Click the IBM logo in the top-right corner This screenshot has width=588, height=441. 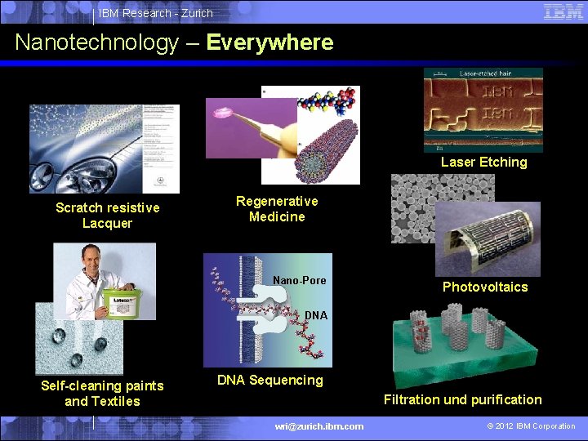click(563, 11)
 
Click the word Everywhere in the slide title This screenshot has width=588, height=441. click(269, 42)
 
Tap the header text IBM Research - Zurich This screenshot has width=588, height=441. click(156, 13)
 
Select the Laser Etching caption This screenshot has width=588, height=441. click(483, 162)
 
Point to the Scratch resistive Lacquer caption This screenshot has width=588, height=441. click(107, 216)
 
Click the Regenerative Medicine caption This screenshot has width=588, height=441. click(277, 209)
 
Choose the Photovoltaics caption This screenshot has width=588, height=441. click(484, 287)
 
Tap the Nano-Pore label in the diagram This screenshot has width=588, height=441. click(299, 280)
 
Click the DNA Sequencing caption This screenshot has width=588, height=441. click(269, 380)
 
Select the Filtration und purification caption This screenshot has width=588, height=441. click(462, 399)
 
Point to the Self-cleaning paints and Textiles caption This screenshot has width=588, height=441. click(102, 393)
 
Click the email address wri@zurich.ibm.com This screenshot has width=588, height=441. click(319, 425)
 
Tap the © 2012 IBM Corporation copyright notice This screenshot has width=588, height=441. click(531, 425)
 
